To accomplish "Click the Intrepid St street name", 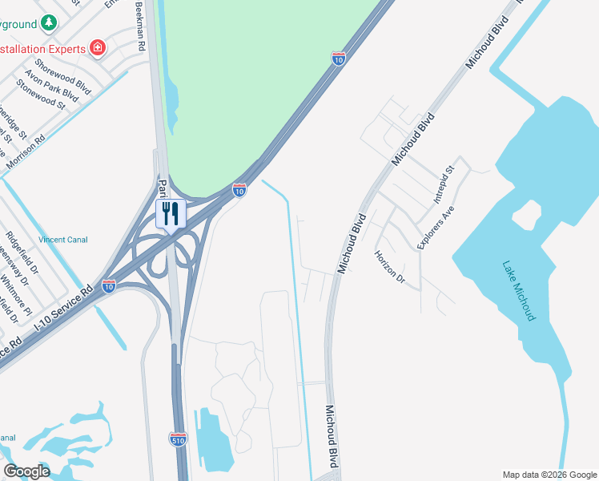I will click(443, 184).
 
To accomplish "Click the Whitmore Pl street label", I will click(16, 293).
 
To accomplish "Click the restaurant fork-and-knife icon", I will click(171, 213).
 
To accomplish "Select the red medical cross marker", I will click(98, 48).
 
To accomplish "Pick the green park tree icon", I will click(50, 23).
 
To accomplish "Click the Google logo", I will click(26, 471).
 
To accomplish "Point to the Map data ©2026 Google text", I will click(549, 475).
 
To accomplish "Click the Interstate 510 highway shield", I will click(178, 439).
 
